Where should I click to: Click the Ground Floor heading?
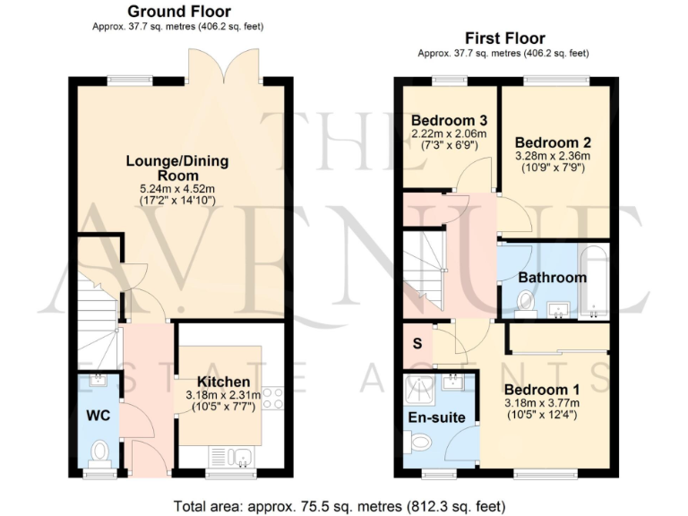pyautogui.click(x=178, y=12)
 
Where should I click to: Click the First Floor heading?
pyautogui.click(x=504, y=39)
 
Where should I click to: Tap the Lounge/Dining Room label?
pyautogui.click(x=176, y=168)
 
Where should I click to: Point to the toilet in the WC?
pyautogui.click(x=100, y=451)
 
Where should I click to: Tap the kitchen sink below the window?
pyautogui.click(x=241, y=458)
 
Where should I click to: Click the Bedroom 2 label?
pyautogui.click(x=553, y=142)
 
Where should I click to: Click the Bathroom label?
pyautogui.click(x=553, y=277)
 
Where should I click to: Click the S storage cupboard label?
pyautogui.click(x=417, y=343)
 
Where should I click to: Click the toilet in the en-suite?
pyautogui.click(x=418, y=441)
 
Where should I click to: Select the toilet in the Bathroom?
pyautogui.click(x=526, y=303)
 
